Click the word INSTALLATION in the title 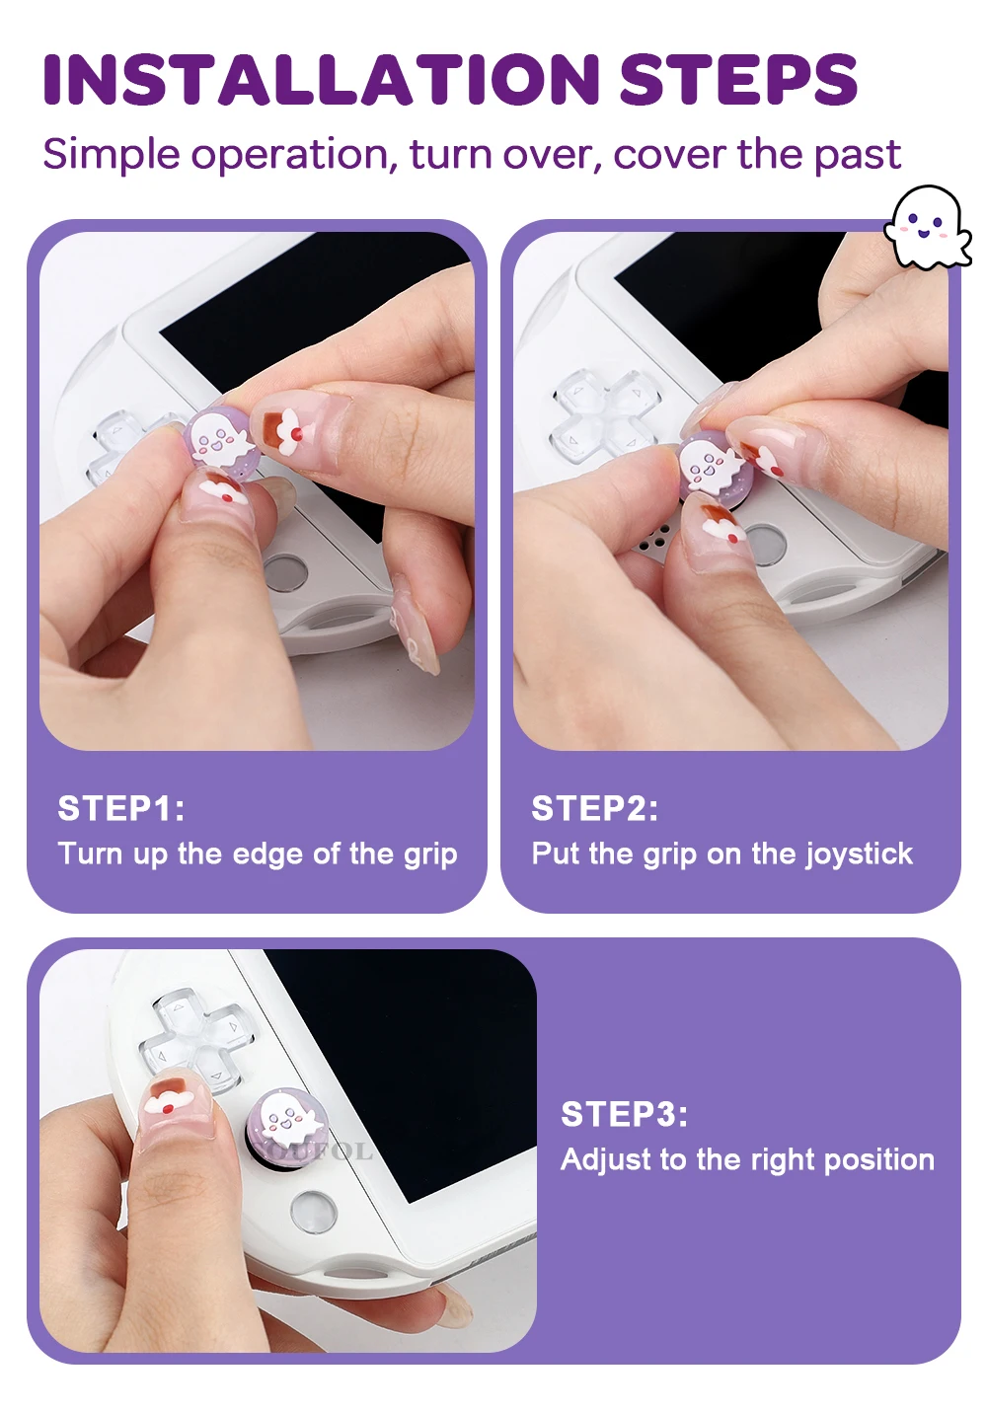[x=321, y=79]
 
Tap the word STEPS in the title [x=738, y=79]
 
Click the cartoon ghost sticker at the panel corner [x=927, y=226]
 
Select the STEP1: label [x=121, y=808]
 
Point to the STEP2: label [x=594, y=808]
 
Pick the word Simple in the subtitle [x=112, y=156]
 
